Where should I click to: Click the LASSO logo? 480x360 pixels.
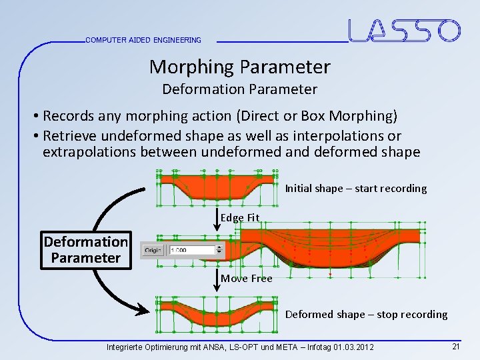click(404, 31)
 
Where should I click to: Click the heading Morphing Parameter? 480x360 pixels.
click(239, 67)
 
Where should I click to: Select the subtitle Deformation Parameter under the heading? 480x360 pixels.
click(239, 89)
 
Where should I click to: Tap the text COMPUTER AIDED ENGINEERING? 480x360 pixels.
click(143, 40)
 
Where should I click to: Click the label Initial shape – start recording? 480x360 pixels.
click(355, 189)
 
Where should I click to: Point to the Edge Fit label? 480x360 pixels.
click(240, 218)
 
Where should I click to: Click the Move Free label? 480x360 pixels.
click(247, 279)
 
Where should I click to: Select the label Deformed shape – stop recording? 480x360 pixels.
click(366, 315)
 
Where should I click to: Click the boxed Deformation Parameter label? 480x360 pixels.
click(85, 249)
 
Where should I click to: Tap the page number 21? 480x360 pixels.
click(456, 347)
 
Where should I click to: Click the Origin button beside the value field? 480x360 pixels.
click(153, 250)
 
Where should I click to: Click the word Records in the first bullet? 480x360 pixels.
click(69, 116)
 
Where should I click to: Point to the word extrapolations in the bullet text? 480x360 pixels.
click(87, 152)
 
